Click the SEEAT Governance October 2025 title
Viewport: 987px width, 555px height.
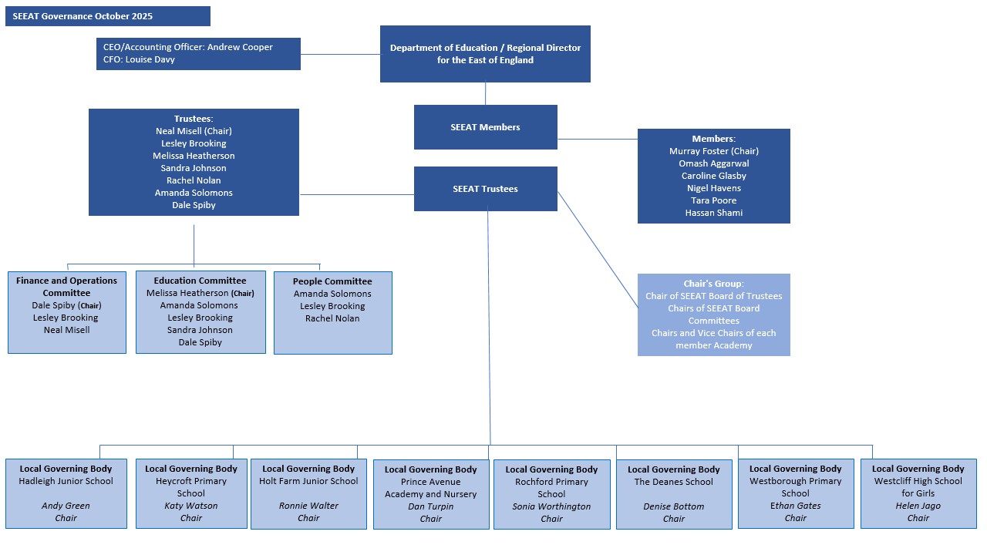coord(83,16)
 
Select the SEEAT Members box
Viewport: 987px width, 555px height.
coord(485,127)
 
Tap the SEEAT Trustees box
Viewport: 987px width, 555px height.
coord(485,189)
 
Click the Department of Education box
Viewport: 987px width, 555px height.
coord(485,54)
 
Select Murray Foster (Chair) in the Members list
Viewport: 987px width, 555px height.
coord(713,151)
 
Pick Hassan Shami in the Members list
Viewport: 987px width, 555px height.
coord(713,213)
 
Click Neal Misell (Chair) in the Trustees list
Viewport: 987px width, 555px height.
coord(194,131)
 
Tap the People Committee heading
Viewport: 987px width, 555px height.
coord(332,281)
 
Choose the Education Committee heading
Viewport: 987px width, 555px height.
coord(200,281)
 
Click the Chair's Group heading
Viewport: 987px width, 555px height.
coord(713,284)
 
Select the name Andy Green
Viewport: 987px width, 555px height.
coord(66,506)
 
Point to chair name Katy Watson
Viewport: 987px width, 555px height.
coord(191,506)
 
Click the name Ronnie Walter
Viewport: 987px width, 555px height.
coord(308,506)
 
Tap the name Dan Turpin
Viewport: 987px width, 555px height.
coord(430,506)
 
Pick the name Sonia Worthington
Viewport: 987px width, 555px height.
coord(551,506)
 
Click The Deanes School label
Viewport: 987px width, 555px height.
coord(673,482)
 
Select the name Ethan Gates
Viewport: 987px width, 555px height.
coord(795,506)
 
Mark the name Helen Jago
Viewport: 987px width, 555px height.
coord(918,506)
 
